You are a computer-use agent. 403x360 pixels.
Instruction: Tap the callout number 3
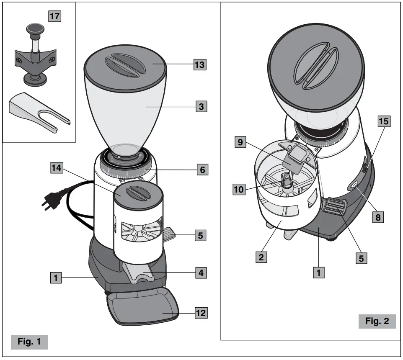coord(201,106)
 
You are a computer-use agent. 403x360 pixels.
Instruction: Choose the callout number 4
coord(201,273)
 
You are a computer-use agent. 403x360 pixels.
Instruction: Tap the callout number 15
coord(383,121)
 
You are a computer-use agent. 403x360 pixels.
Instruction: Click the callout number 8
coord(379,217)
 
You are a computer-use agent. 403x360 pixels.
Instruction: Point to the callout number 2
coord(261,256)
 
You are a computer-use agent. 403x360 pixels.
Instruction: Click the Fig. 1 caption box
coord(29,342)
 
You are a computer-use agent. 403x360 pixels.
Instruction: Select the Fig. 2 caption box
coord(377,321)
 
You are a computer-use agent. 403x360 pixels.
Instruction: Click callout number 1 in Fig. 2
coord(320,273)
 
